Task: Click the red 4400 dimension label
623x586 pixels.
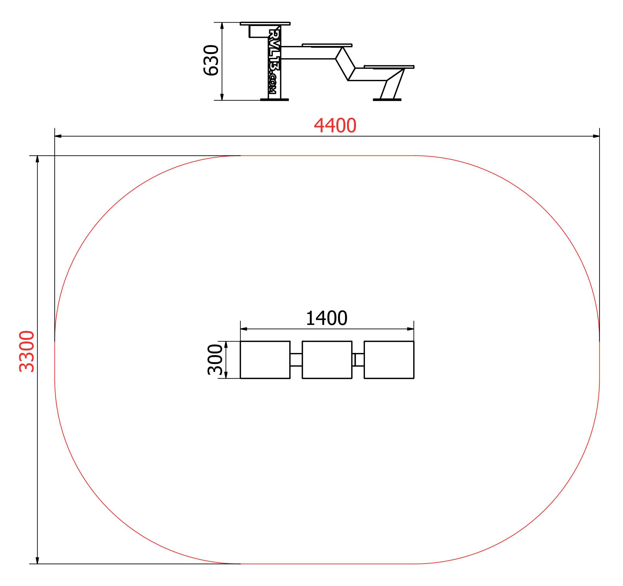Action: (335, 126)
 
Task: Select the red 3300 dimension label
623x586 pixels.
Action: (27, 351)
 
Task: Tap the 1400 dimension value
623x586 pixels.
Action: (327, 318)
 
